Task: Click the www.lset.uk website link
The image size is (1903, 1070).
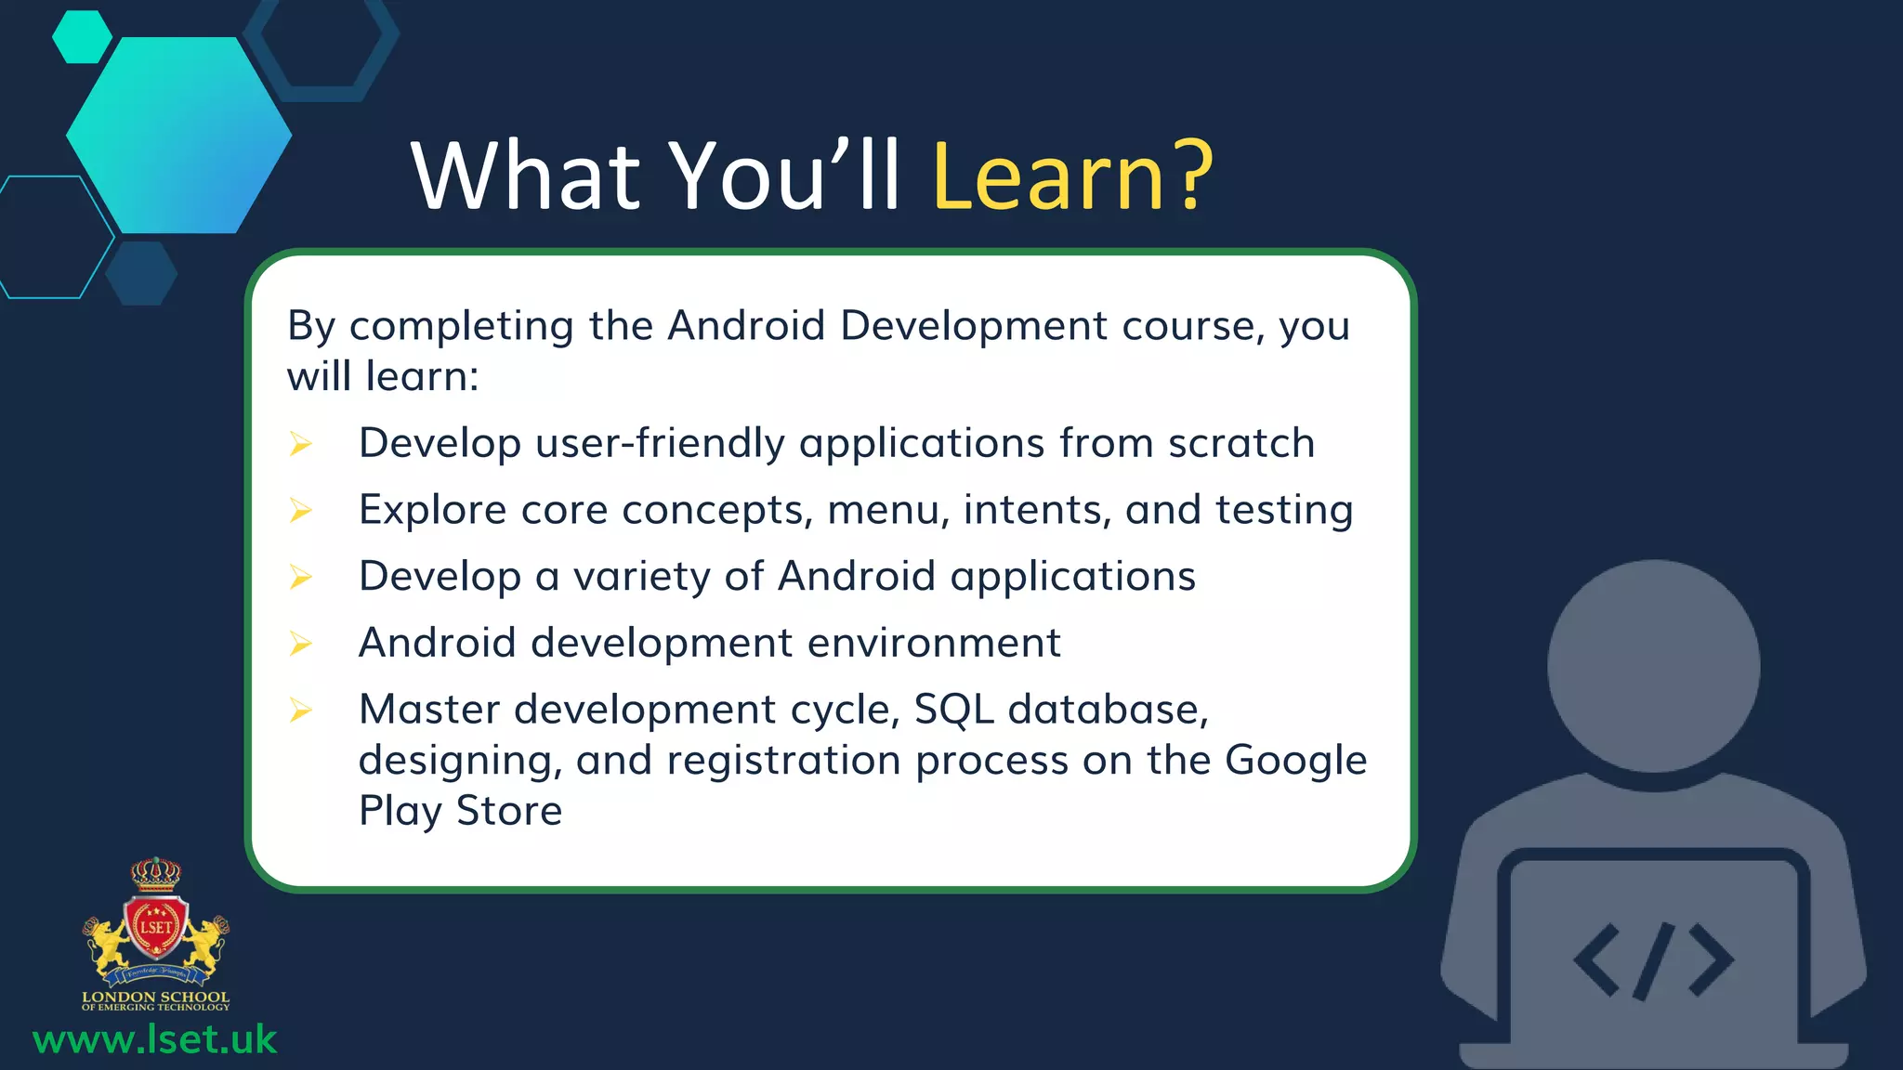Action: pos(154,1039)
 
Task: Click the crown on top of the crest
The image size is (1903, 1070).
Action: pos(155,873)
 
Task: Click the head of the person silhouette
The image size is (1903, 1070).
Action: pos(1653,666)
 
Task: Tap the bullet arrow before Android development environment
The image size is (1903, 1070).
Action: pos(300,644)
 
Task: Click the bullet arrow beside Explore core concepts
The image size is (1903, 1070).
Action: pos(300,510)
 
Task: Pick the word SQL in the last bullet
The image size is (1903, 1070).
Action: pos(953,710)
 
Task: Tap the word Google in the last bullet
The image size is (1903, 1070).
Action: pos(1295,760)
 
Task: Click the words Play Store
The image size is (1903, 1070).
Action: pos(460,811)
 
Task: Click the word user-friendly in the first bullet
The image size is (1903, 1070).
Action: pos(660,443)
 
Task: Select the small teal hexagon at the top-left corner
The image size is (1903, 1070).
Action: pos(82,37)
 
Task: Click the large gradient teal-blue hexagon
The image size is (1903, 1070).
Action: pos(178,136)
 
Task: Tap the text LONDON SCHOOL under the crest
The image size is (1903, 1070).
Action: pos(155,997)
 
